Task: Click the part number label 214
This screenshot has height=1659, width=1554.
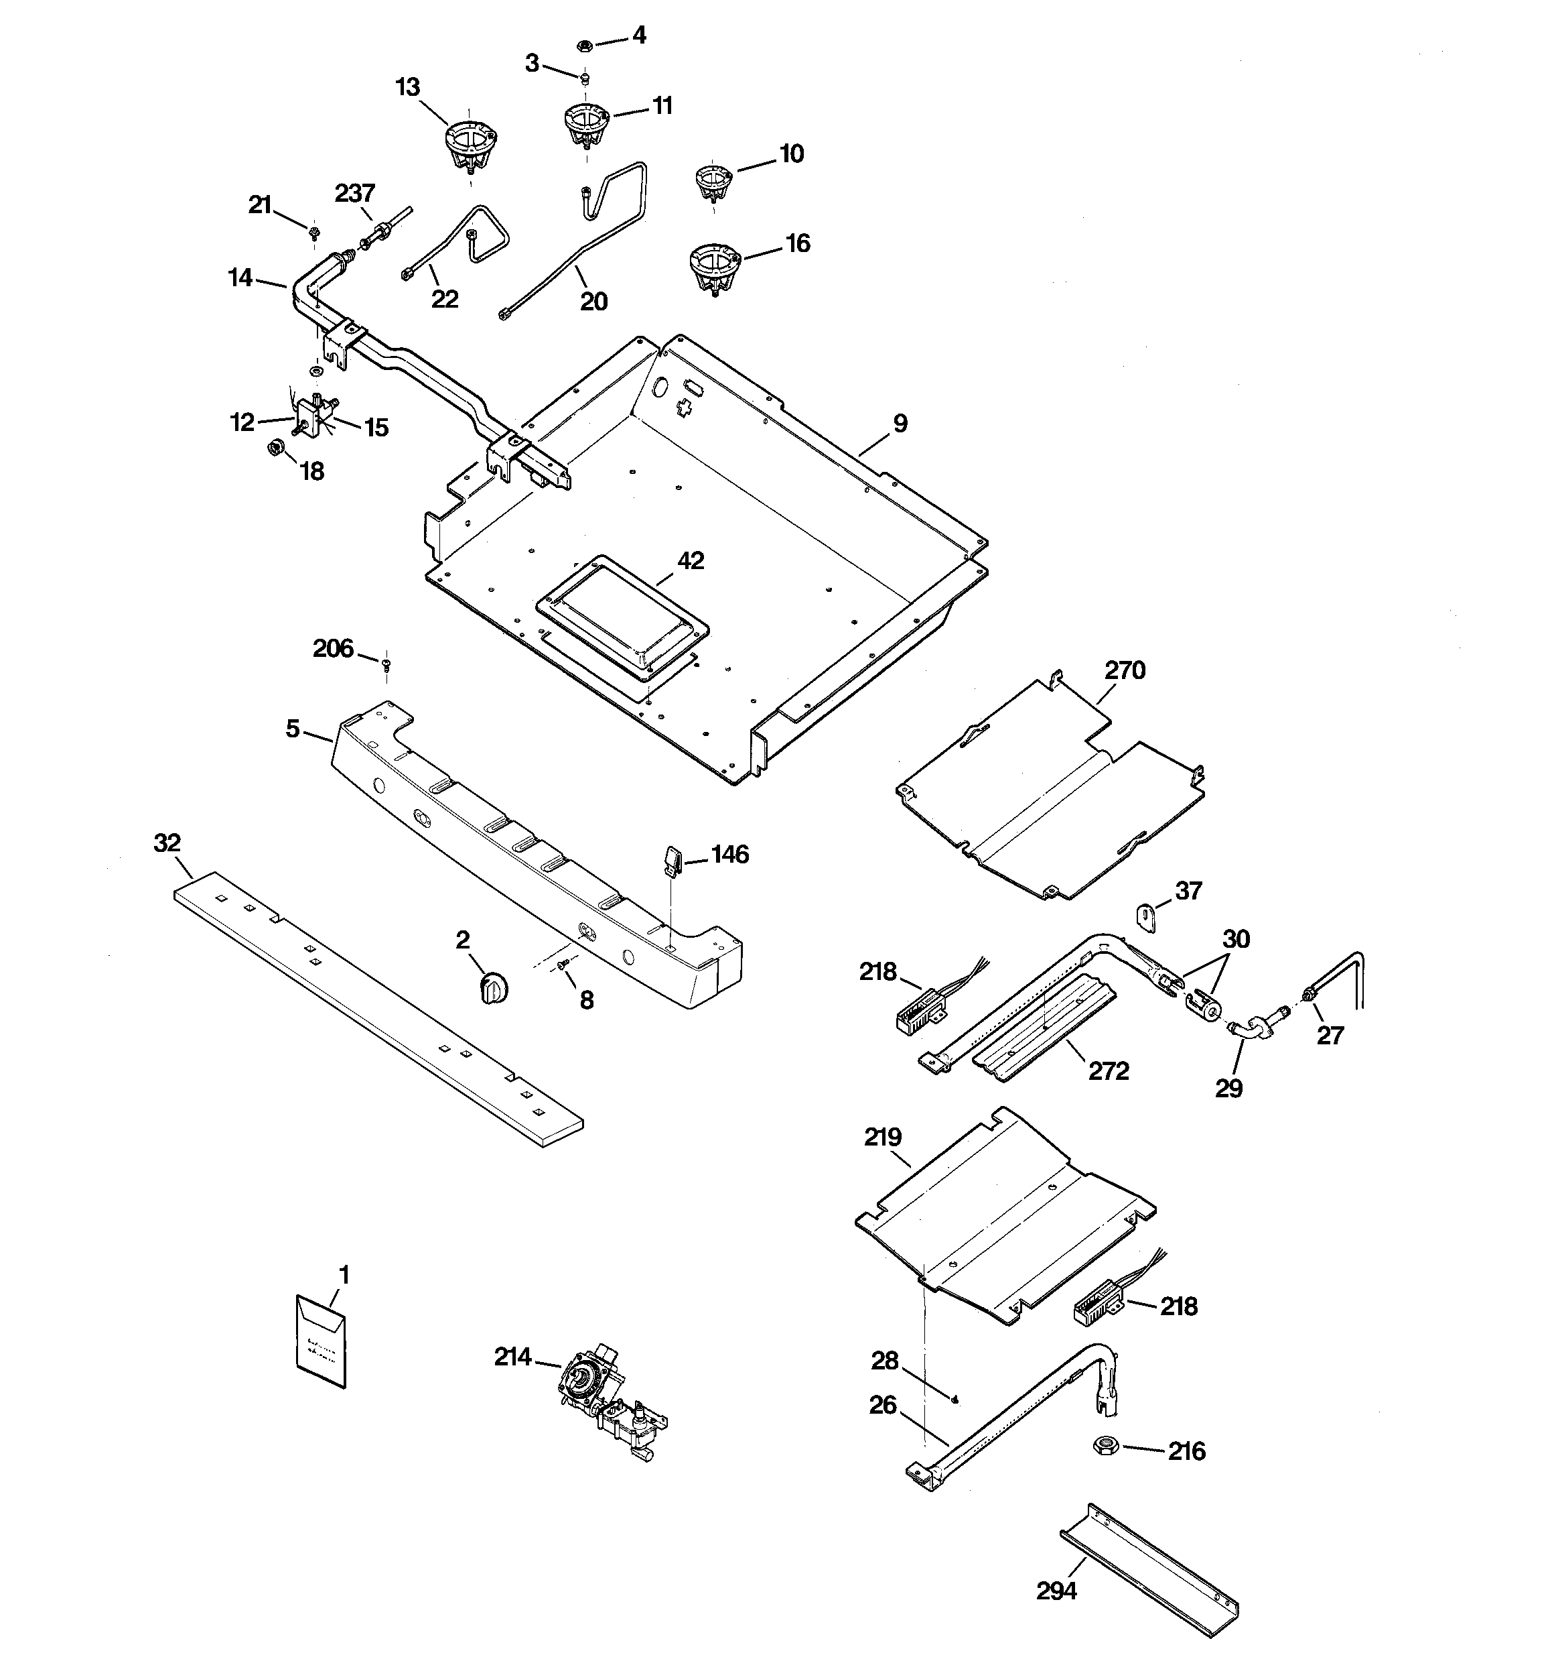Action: click(x=512, y=1358)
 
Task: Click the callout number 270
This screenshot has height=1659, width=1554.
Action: click(x=1125, y=670)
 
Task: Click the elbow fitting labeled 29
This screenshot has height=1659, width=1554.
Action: click(x=1247, y=1028)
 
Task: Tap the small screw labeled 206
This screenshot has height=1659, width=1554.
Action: click(x=386, y=664)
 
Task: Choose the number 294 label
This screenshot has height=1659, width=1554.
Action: click(x=1056, y=1591)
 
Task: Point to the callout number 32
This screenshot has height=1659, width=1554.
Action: click(x=167, y=843)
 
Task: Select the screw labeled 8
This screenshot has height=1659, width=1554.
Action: click(x=562, y=965)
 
